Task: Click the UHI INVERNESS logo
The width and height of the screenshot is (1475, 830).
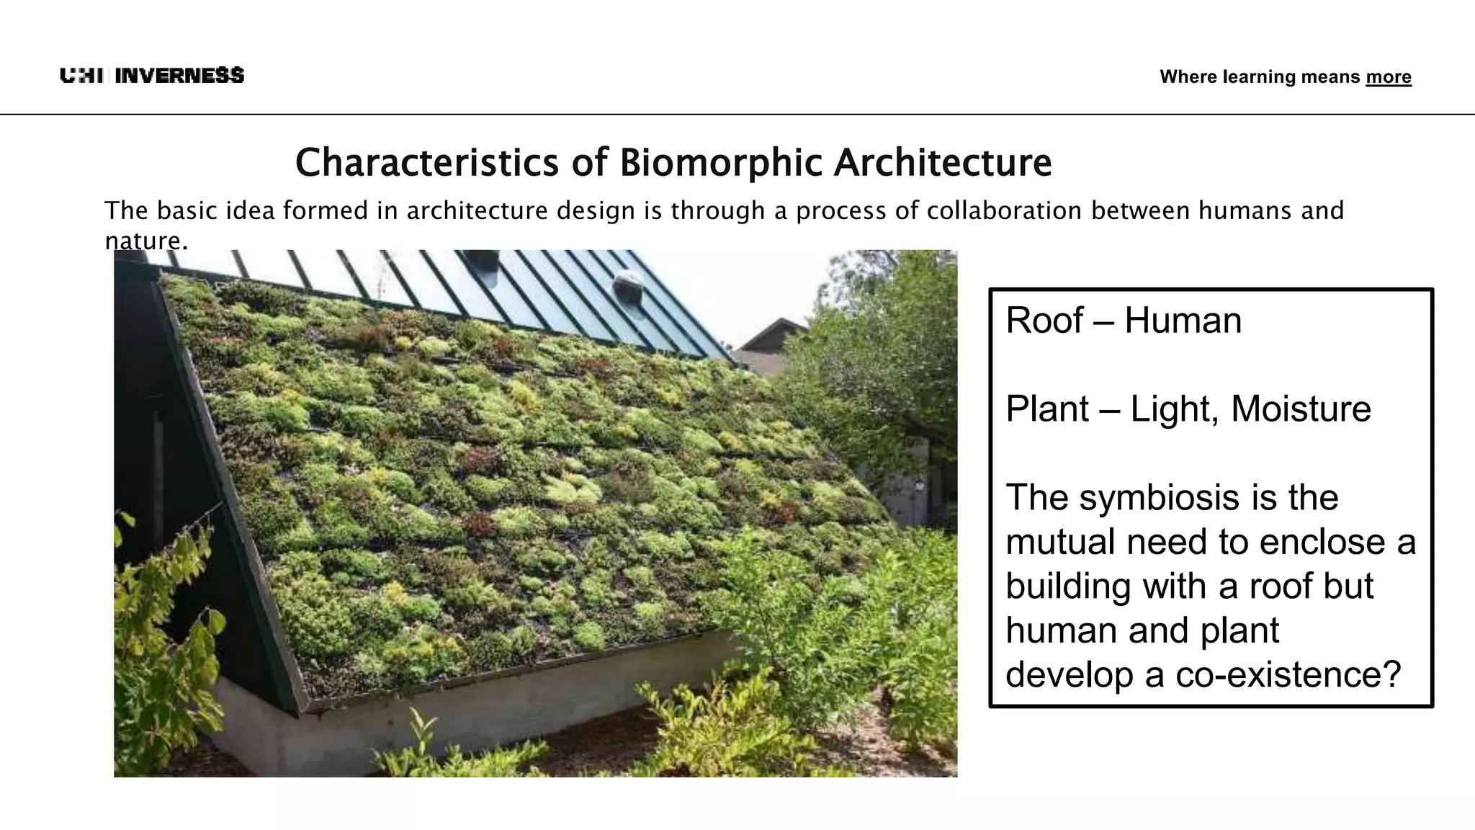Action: [x=152, y=76]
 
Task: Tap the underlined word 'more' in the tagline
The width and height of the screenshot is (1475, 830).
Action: [x=1388, y=77]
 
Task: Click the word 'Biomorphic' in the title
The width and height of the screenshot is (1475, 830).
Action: [x=720, y=162]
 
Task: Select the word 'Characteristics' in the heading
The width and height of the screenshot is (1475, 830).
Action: [x=426, y=162]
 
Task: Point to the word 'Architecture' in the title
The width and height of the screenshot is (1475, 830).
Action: [x=943, y=162]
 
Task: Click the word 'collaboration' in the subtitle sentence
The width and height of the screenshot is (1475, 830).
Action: [x=1004, y=211]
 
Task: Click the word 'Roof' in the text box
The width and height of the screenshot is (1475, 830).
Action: [x=1044, y=321]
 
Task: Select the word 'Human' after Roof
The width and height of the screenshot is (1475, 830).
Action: [x=1183, y=321]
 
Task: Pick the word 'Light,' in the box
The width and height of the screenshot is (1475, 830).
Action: [x=1174, y=409]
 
